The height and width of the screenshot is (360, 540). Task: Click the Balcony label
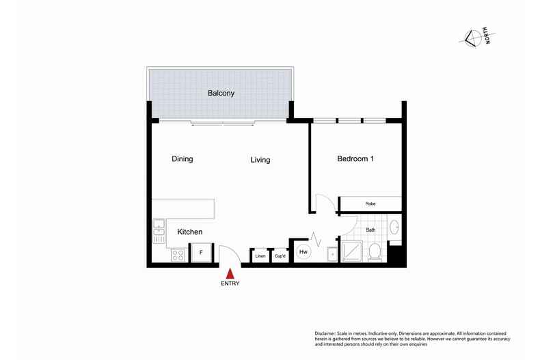221,94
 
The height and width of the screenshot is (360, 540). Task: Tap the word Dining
182,159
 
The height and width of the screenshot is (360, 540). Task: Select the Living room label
260,160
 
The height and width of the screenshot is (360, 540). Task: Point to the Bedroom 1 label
355,159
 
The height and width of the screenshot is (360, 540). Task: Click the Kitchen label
190,232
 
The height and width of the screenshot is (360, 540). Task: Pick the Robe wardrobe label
370,204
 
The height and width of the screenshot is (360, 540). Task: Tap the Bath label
370,230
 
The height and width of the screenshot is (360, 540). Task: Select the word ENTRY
230,283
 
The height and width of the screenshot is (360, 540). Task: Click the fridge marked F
201,253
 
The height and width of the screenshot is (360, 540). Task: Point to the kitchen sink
159,230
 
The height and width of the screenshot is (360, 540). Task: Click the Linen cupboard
260,256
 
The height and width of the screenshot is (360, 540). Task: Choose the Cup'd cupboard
280,256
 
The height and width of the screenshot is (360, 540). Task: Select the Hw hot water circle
303,253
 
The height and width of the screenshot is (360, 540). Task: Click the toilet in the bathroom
375,253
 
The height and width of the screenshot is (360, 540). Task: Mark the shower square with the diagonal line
352,253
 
